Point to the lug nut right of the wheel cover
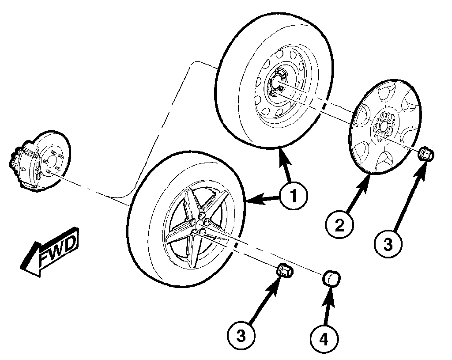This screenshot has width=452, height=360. pyautogui.click(x=426, y=154)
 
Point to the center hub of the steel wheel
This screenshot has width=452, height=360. pyautogui.click(x=278, y=82)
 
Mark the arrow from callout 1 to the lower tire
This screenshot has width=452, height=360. pyautogui.click(x=265, y=200)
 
